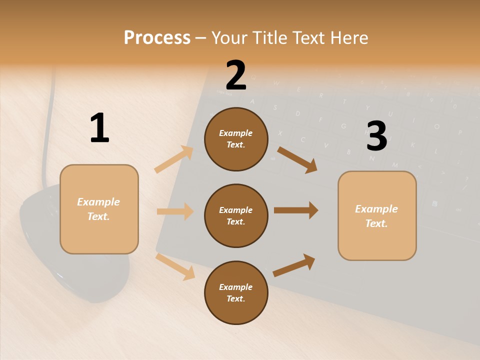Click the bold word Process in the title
(157, 38)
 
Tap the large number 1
(99, 128)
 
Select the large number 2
(236, 75)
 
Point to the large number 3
(376, 136)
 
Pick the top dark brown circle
(236, 139)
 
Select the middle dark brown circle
(236, 215)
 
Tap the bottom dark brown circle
(236, 292)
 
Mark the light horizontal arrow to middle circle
(175, 211)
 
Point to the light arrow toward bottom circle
(175, 266)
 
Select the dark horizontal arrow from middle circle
(295, 210)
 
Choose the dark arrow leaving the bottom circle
(294, 265)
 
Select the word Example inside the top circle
(236, 133)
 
